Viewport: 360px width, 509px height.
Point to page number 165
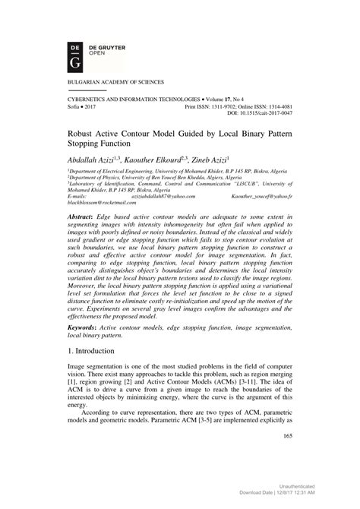click(287, 456)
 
